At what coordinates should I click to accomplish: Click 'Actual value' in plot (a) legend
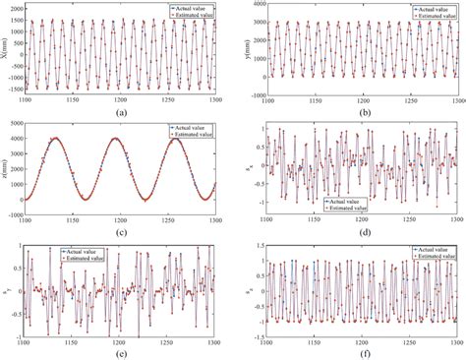pyautogui.click(x=192, y=9)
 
